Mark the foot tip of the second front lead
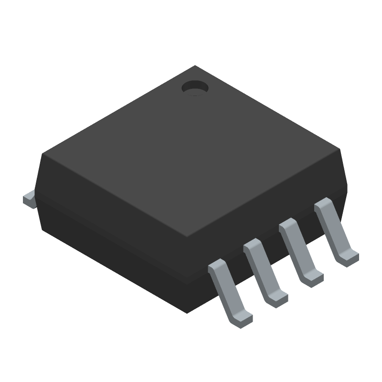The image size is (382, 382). click(x=276, y=299)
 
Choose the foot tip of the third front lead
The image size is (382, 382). click(x=312, y=278)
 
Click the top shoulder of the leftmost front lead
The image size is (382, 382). click(x=219, y=266)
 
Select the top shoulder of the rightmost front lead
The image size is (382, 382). click(x=324, y=205)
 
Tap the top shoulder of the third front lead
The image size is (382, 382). click(x=288, y=225)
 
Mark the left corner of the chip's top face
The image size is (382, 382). click(x=42, y=154)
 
